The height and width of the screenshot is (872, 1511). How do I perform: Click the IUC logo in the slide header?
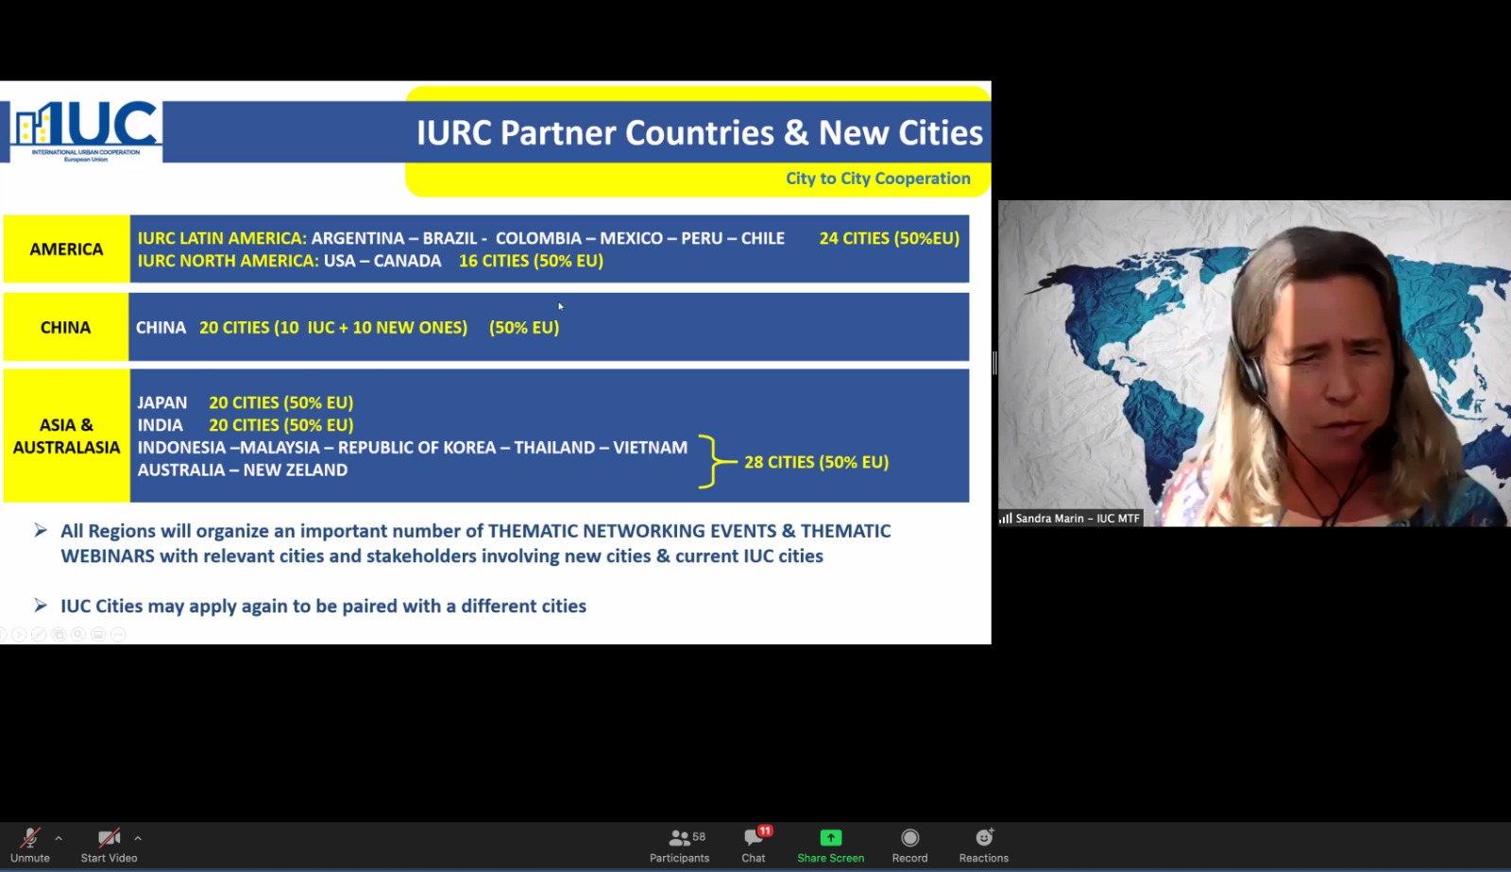click(86, 131)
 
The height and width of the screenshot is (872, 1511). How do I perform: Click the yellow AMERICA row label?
click(66, 249)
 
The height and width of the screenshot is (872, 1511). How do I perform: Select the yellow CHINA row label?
click(65, 327)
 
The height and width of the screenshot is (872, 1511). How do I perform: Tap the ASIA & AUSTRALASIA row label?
click(66, 436)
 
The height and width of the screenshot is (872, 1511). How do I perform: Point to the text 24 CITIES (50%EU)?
click(889, 238)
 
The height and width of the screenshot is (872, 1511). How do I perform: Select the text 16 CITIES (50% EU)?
click(531, 261)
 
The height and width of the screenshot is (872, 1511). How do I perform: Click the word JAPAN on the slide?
click(161, 402)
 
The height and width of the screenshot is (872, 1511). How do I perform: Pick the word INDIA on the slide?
click(160, 425)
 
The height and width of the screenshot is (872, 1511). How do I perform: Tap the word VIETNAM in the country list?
click(651, 448)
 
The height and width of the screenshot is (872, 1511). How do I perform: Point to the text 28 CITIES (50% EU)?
click(816, 462)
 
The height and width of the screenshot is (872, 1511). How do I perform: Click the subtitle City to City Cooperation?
click(877, 179)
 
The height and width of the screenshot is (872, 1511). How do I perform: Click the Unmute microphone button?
click(29, 845)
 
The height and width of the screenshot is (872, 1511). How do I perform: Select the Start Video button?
click(109, 845)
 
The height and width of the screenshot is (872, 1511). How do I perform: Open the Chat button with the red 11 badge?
click(754, 845)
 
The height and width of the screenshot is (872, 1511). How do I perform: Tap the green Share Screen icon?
click(830, 838)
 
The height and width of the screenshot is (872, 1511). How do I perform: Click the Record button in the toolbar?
click(909, 845)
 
